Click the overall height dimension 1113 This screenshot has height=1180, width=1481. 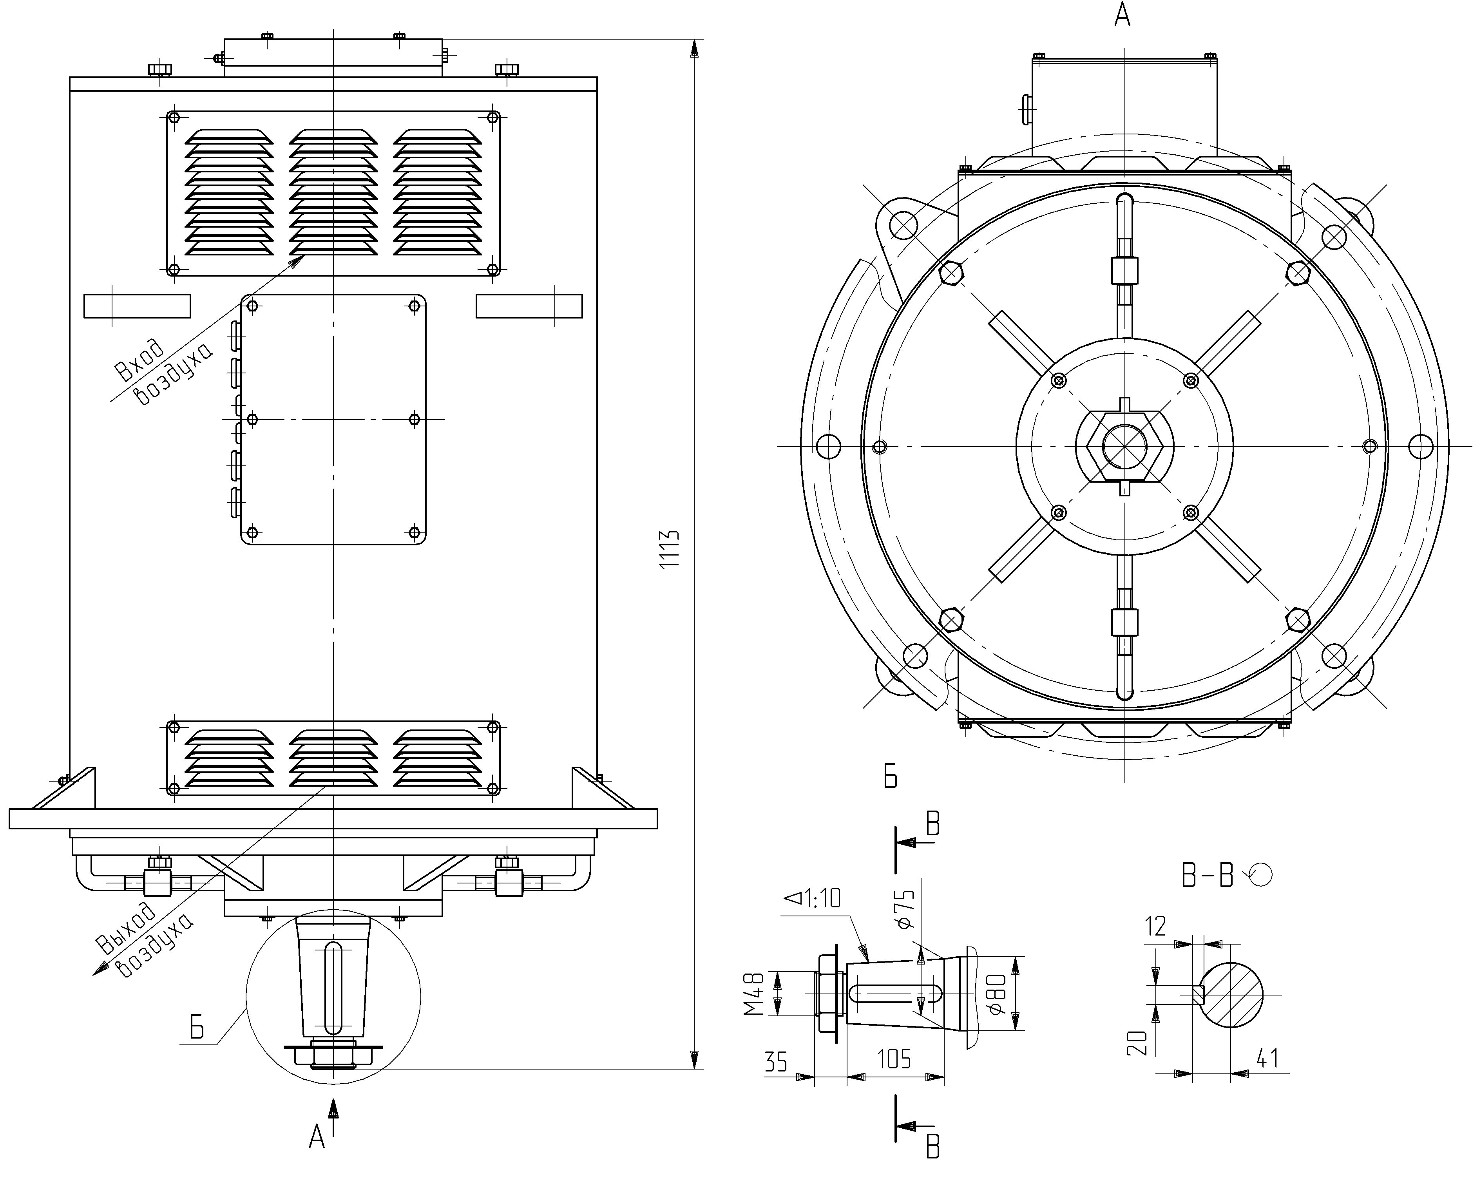[x=670, y=548]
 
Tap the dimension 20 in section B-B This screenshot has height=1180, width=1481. [x=1137, y=1042]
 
